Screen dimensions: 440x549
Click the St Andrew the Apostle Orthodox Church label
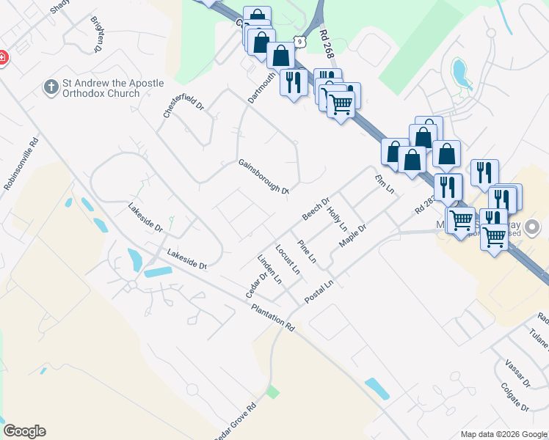pyautogui.click(x=103, y=89)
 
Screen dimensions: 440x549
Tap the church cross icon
pyautogui.click(x=51, y=88)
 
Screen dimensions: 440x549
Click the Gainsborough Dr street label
pyautogui.click(x=263, y=177)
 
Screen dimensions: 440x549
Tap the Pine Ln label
pyautogui.click(x=307, y=252)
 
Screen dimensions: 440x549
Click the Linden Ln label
pyautogui.click(x=269, y=269)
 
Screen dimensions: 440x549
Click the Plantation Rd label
pyautogui.click(x=272, y=318)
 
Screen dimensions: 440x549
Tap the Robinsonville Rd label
pyautogui.click(x=21, y=166)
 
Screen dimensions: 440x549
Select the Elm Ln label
pyautogui.click(x=385, y=185)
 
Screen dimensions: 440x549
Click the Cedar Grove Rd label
pyautogui.click(x=235, y=420)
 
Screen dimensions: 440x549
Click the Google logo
pyautogui.click(x=24, y=431)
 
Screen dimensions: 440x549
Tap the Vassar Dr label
pyautogui.click(x=517, y=373)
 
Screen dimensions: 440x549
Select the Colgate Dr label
pyautogui.click(x=515, y=395)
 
